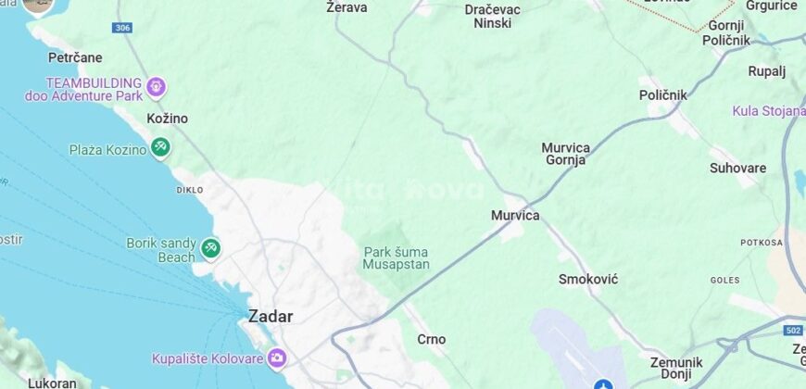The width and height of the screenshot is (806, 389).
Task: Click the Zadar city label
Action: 271,316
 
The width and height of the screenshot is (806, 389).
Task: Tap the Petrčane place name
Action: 75,57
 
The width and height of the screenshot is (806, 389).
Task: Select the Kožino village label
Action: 167,119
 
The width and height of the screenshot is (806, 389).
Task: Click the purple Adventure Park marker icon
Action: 157,88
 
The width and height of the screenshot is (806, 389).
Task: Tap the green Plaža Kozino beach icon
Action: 160,146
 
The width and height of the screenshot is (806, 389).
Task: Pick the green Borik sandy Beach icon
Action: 211,248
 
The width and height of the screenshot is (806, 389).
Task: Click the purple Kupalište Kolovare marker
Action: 276,358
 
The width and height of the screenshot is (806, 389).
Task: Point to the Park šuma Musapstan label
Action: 397,258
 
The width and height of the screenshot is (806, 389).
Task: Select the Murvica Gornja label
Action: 565,154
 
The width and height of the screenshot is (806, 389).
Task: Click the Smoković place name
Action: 588,279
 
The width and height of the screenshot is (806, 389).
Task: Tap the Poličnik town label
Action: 663,94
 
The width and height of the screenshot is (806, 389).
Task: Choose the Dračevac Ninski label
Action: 493,16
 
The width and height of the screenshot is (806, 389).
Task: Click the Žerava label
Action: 347,7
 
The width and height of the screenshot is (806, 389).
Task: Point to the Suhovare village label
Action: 737,169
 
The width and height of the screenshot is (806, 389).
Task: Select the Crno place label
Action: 431,339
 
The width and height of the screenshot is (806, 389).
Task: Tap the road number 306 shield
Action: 122,29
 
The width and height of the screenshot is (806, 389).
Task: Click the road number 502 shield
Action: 792,331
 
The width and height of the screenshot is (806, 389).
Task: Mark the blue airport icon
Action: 603,383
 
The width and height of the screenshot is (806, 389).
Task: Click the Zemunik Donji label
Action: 675,369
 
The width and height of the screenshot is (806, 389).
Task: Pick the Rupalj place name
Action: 766,70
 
